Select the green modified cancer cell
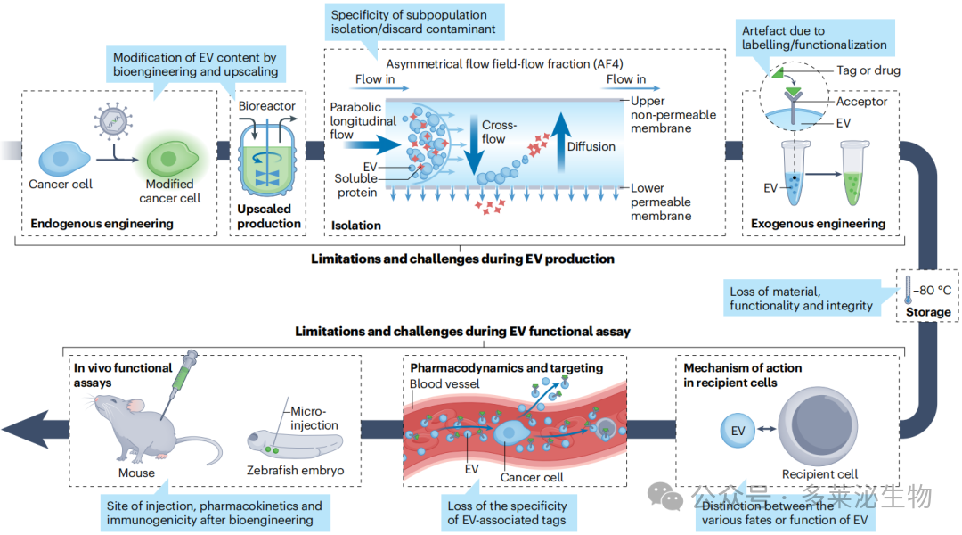tap(171, 159)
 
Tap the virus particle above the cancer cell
tap(113, 121)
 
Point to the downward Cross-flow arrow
tap(473, 144)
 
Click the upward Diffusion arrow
tap(560, 142)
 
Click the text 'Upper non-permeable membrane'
tap(673, 114)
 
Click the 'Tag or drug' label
tap(868, 70)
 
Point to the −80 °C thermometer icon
tap(908, 289)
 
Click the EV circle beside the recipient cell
tap(738, 431)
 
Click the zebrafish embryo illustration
tap(295, 445)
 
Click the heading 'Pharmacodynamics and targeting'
tap(507, 368)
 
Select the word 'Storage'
tap(928, 312)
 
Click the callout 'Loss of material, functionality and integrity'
tap(802, 299)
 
